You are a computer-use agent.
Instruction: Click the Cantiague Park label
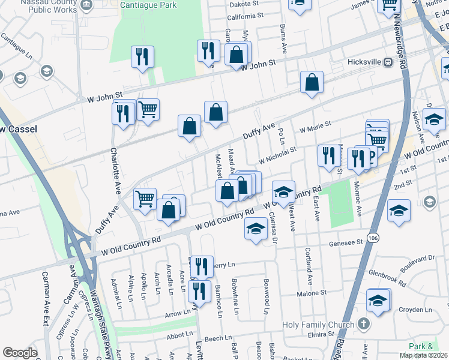pos(136,5)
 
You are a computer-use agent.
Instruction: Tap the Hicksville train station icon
pos(388,62)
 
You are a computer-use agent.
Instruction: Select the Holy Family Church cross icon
pos(363,325)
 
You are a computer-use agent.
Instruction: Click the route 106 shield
pos(373,239)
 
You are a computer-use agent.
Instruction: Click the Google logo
pos(20,353)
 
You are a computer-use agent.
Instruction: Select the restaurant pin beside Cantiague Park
pos(142,58)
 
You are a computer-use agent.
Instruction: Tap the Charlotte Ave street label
pos(113,171)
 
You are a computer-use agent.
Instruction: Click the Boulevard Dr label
pos(415,259)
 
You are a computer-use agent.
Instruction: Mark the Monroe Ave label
pos(358,199)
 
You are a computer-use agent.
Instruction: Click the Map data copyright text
pos(423,355)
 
